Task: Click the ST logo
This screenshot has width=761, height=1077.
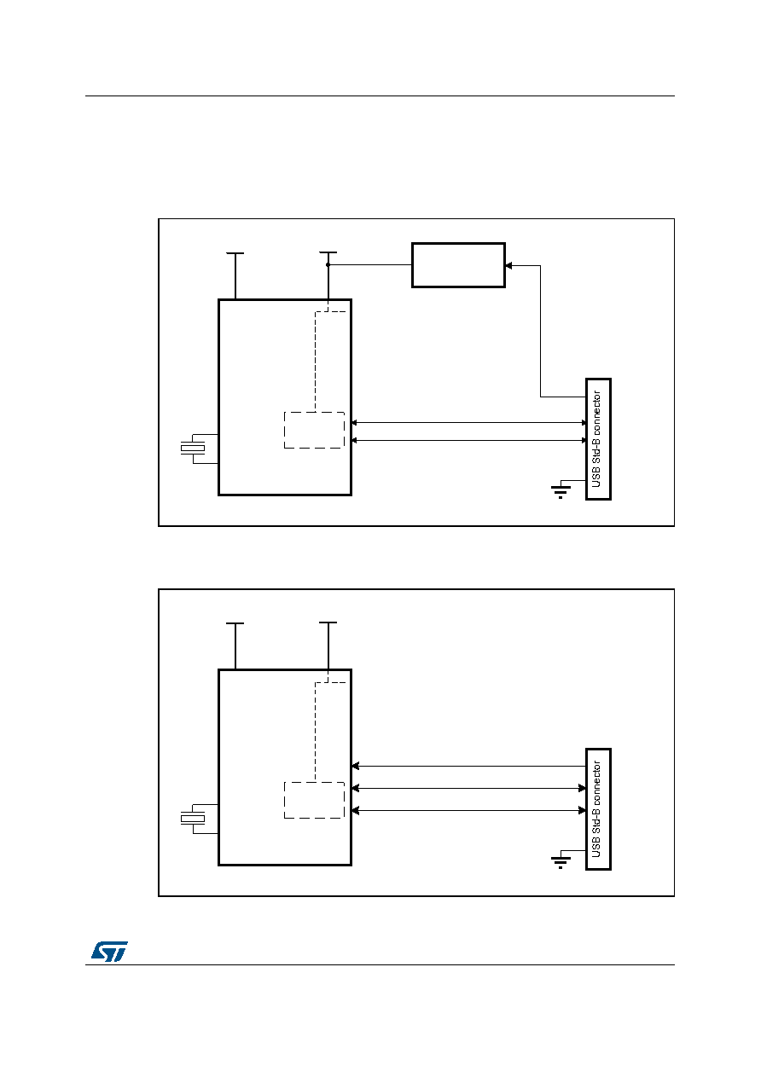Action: [109, 951]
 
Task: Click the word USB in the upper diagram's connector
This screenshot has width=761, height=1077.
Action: [596, 478]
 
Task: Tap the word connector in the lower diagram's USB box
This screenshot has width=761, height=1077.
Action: [596, 783]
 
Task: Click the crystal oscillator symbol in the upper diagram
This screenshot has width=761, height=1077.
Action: [193, 449]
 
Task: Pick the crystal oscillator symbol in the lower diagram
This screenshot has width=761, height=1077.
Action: [193, 819]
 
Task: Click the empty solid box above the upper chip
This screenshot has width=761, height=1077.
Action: [458, 265]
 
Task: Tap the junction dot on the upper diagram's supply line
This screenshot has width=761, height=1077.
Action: [328, 265]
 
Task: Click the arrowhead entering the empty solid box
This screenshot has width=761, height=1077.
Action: [508, 265]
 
